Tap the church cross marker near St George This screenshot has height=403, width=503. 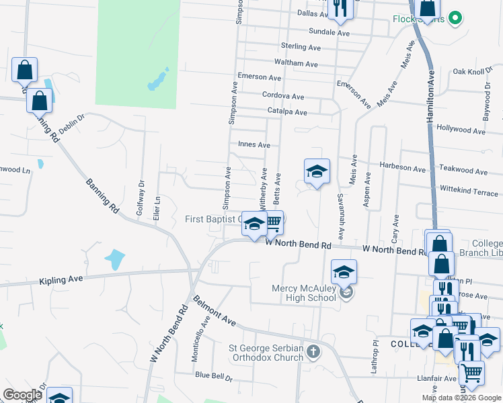[x=313, y=351]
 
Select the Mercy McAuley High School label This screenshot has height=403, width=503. [x=303, y=293]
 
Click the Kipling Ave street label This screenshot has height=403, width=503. [x=61, y=279]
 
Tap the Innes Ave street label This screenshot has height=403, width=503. [x=254, y=144]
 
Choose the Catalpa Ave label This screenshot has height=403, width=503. [x=287, y=112]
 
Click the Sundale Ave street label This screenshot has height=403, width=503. [x=330, y=32]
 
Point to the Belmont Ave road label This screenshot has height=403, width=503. [x=215, y=310]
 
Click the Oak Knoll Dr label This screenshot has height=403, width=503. [x=469, y=71]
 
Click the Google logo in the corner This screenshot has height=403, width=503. [x=22, y=395]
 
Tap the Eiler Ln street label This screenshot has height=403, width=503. [x=158, y=210]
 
